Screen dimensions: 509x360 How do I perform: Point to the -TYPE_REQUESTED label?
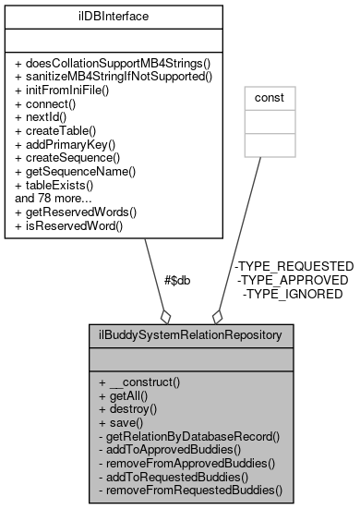coord(294,265)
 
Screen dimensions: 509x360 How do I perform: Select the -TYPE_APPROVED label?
coord(294,279)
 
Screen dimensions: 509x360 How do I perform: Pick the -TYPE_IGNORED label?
coord(294,294)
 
